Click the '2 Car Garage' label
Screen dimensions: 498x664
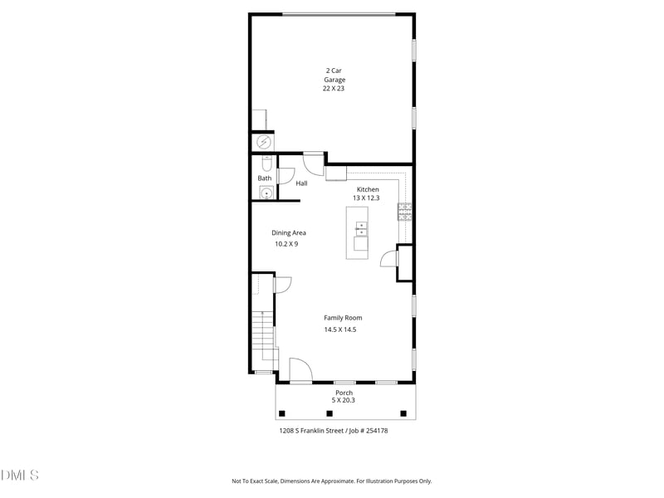point(334,80)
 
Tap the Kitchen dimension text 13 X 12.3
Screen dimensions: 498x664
point(366,198)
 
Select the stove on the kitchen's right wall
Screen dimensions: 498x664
point(404,212)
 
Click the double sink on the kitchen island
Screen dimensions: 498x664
point(361,228)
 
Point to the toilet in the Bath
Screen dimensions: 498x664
point(266,163)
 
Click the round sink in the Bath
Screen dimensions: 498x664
point(265,193)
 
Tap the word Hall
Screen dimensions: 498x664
point(301,183)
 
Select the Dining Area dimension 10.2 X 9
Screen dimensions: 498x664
point(286,244)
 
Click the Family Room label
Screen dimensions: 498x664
point(343,318)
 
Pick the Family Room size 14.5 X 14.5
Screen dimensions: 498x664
point(340,330)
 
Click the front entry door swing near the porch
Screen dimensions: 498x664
point(299,370)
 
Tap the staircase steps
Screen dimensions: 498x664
point(262,336)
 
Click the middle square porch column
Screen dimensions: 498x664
point(342,413)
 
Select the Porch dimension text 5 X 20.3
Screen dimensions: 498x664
point(344,400)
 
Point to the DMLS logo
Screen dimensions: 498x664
point(20,476)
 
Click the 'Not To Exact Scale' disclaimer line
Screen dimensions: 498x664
point(331,481)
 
